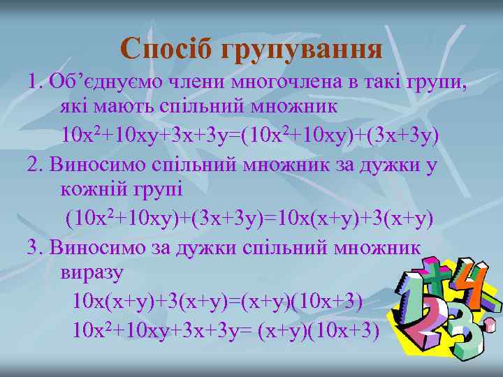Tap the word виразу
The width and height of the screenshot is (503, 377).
92,272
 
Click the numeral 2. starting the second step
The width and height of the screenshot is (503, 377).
34,163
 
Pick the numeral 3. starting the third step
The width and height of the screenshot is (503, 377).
34,246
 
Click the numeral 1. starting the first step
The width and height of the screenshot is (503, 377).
34,82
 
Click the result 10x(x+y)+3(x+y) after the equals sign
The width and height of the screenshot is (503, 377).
356,219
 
